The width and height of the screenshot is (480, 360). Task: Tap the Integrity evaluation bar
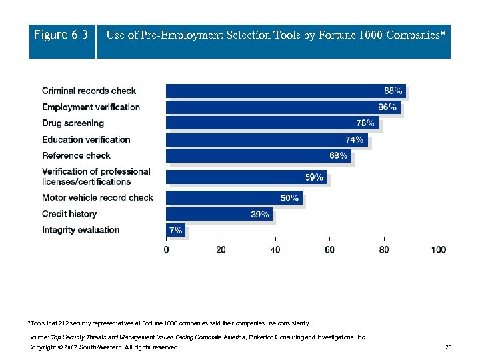pyautogui.click(x=175, y=230)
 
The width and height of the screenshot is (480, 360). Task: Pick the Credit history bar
pyautogui.click(x=219, y=214)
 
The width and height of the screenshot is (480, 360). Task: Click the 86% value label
pyautogui.click(x=387, y=107)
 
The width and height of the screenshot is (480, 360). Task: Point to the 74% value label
pyautogui.click(x=355, y=139)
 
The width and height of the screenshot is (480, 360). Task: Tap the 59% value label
pyautogui.click(x=314, y=177)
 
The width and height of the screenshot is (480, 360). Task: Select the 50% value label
pyautogui.click(x=289, y=198)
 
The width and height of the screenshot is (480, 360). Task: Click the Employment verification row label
pyautogui.click(x=91, y=107)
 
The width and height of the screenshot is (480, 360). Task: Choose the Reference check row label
pyautogui.click(x=76, y=155)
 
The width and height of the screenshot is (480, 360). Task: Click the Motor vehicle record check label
pyautogui.click(x=97, y=197)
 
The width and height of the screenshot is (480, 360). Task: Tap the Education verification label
pyautogui.click(x=86, y=139)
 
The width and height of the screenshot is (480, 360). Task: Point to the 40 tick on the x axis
pyautogui.click(x=275, y=249)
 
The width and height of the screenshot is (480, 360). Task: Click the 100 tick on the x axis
pyautogui.click(x=438, y=249)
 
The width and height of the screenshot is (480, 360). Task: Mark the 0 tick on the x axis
pyautogui.click(x=167, y=249)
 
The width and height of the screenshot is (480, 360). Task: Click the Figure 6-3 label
pyautogui.click(x=61, y=35)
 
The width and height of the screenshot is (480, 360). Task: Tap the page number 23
pyautogui.click(x=448, y=347)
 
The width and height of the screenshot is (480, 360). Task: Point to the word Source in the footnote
pyautogui.click(x=39, y=337)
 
